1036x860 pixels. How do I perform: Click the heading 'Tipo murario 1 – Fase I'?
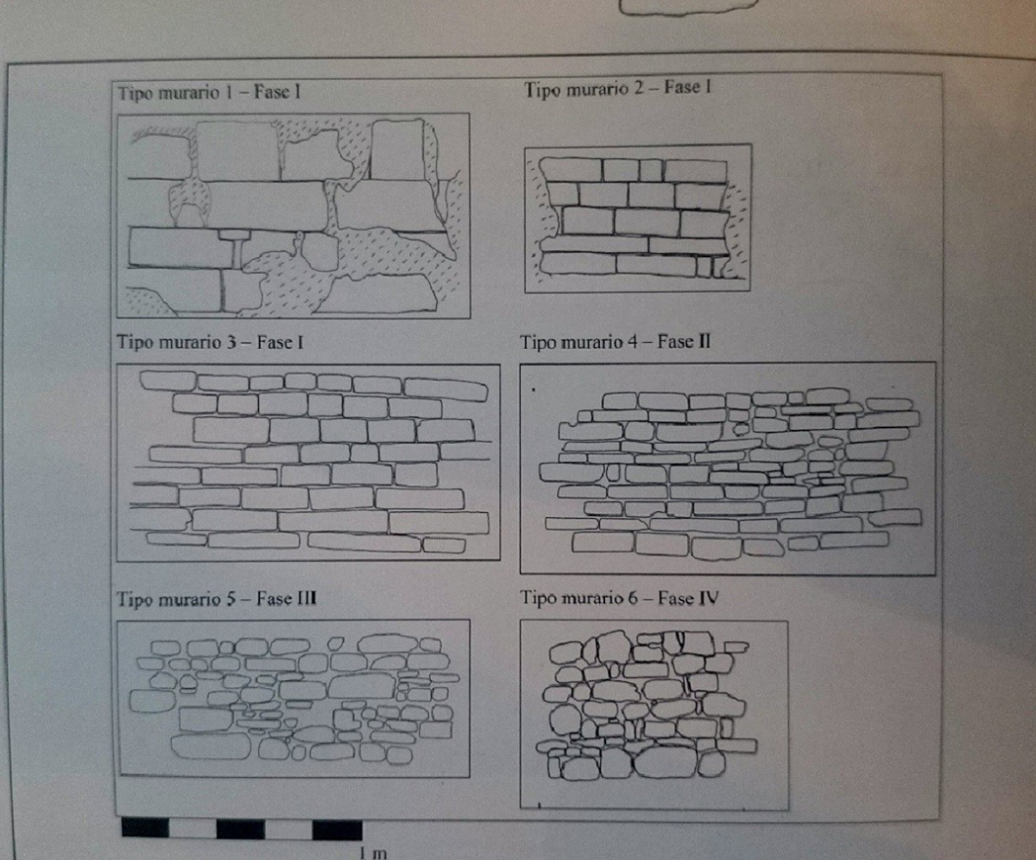coord(209,92)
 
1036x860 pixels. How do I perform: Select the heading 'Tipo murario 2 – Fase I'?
coord(618,89)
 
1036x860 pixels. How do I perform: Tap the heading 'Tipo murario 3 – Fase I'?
coord(210,343)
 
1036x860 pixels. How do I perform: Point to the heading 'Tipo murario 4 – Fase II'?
coord(616,342)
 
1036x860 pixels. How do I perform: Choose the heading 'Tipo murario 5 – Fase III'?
coord(217,599)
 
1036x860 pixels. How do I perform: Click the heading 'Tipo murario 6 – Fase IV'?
coord(619,598)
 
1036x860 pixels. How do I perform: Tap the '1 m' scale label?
coord(373,853)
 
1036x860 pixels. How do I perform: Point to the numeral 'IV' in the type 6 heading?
coord(709,598)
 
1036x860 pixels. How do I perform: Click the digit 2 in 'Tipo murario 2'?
coord(638,88)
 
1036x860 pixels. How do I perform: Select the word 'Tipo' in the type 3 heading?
coord(135,343)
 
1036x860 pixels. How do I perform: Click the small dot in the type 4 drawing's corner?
coord(534,390)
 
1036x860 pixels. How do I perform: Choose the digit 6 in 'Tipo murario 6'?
coord(633,598)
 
